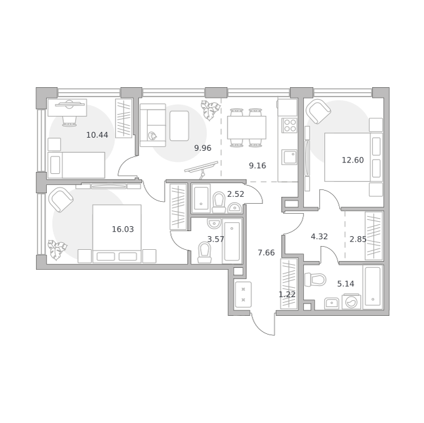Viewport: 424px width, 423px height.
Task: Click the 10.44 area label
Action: coord(97,135)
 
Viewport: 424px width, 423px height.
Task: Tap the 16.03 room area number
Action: coord(123,229)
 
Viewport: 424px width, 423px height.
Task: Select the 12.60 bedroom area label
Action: coord(353,160)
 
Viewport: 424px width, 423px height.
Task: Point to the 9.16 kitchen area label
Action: coord(258,166)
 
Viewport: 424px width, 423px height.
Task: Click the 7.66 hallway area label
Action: coord(266,253)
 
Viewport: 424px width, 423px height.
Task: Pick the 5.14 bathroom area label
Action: coord(345,284)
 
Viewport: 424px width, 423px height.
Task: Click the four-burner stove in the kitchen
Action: coord(289,125)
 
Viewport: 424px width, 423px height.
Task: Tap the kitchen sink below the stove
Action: coord(289,157)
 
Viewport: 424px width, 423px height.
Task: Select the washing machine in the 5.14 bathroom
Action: coord(351,302)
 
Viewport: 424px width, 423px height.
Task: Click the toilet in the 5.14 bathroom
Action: coord(315,280)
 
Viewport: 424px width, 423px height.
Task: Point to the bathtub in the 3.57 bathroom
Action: coord(232,241)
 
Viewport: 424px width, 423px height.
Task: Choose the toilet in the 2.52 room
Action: coord(219,202)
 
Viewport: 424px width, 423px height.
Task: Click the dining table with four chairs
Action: coord(246,128)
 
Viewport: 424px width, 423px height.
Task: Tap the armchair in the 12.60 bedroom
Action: coord(318,112)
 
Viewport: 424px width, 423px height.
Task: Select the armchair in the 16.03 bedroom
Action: coord(60,199)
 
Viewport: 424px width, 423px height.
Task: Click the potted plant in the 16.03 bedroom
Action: coord(57,250)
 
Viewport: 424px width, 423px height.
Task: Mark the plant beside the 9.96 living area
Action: coord(210,110)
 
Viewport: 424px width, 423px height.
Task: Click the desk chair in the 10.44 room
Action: coord(69,121)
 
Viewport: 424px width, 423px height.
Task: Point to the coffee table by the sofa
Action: coord(179,126)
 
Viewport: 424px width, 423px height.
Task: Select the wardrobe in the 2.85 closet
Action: coord(373,236)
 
